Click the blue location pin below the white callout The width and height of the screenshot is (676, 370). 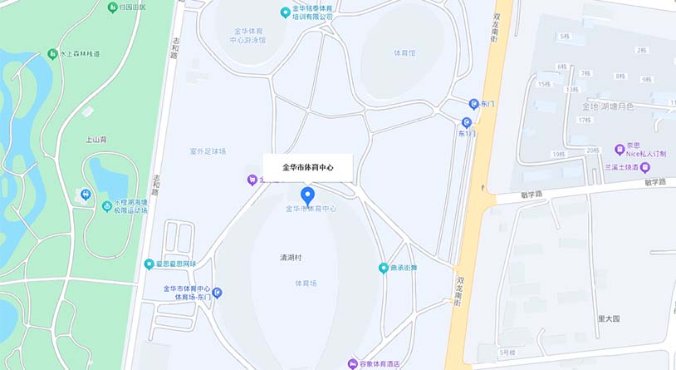pyautogui.click(x=308, y=196)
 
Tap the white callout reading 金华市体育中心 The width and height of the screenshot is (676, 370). pyautogui.click(x=308, y=168)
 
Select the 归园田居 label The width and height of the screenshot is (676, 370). pyautogui.click(x=132, y=7)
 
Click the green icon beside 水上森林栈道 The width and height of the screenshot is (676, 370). pyautogui.click(x=52, y=54)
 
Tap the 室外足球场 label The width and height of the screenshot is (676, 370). pyautogui.click(x=208, y=151)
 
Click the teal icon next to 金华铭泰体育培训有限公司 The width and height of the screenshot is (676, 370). pyautogui.click(x=286, y=12)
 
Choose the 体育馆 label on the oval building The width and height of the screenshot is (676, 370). pyautogui.click(x=404, y=53)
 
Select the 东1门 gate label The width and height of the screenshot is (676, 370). pyautogui.click(x=468, y=133)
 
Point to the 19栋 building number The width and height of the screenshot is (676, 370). pyautogui.click(x=557, y=155)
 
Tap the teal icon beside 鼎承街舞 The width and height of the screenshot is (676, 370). pyautogui.click(x=384, y=268)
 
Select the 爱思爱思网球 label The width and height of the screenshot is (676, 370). pyautogui.click(x=177, y=264)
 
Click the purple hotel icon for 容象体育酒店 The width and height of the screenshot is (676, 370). pyautogui.click(x=353, y=363)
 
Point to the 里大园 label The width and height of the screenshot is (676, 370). pyautogui.click(x=609, y=318)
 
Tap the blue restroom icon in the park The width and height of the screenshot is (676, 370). pyautogui.click(x=86, y=195)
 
